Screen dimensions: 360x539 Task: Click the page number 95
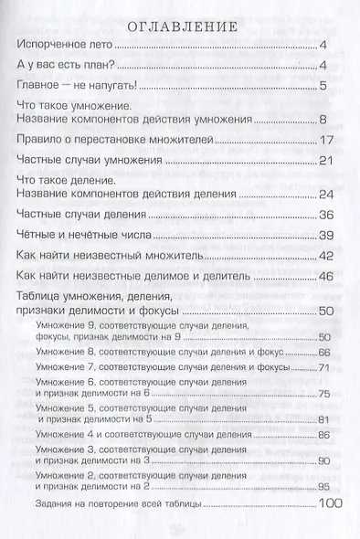coord(334,486)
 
